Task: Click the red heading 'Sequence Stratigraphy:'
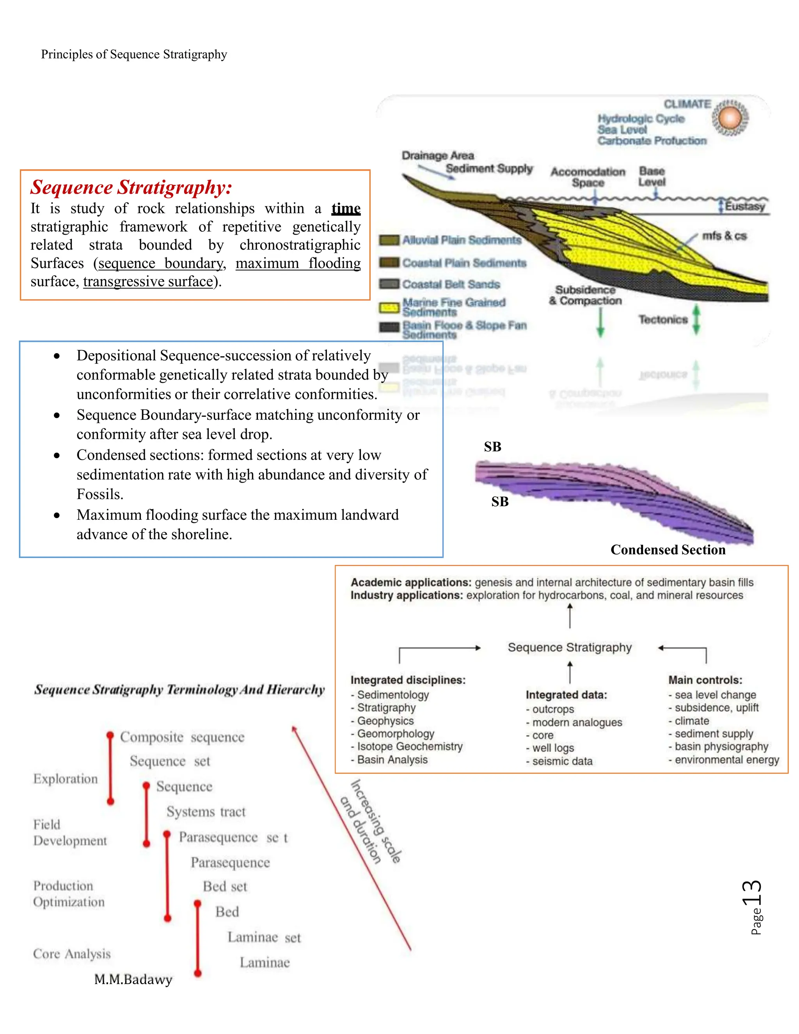[x=131, y=187]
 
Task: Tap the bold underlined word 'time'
[x=346, y=208]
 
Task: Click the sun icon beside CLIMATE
[x=730, y=117]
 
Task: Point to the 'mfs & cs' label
[x=724, y=236]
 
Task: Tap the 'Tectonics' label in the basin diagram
[x=663, y=320]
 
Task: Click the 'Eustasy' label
[x=744, y=206]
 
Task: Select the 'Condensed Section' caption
[x=668, y=550]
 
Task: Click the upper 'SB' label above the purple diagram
[x=492, y=446]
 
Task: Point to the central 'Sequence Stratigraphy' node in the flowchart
[x=570, y=647]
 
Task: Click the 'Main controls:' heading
[x=705, y=680]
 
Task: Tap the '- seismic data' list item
[x=559, y=761]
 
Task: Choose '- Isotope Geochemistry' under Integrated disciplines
[x=407, y=746]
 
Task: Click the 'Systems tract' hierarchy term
[x=206, y=812]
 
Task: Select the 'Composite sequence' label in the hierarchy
[x=182, y=737]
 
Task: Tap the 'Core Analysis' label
[x=72, y=954]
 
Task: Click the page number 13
[x=752, y=893]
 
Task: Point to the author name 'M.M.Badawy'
[x=133, y=979]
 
